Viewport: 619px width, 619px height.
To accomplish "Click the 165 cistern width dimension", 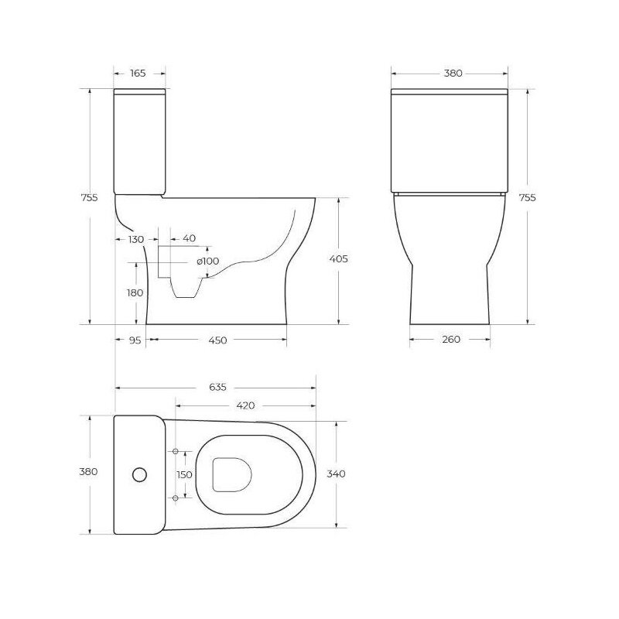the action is (x=138, y=73).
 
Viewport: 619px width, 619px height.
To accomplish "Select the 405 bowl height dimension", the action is (x=339, y=259).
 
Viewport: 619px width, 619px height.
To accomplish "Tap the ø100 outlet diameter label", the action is (x=207, y=261).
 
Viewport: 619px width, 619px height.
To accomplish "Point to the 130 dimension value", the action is (x=136, y=239).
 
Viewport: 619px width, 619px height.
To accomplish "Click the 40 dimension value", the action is (x=189, y=238).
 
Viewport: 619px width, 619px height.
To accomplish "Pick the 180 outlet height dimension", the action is (x=135, y=293).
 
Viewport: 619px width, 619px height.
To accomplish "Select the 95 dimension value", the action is (x=135, y=340).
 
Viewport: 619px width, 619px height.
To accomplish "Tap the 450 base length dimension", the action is (x=217, y=340).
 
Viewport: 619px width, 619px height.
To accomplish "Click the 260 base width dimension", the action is (x=451, y=339).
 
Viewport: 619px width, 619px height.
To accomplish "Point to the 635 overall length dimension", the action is (x=217, y=388).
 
